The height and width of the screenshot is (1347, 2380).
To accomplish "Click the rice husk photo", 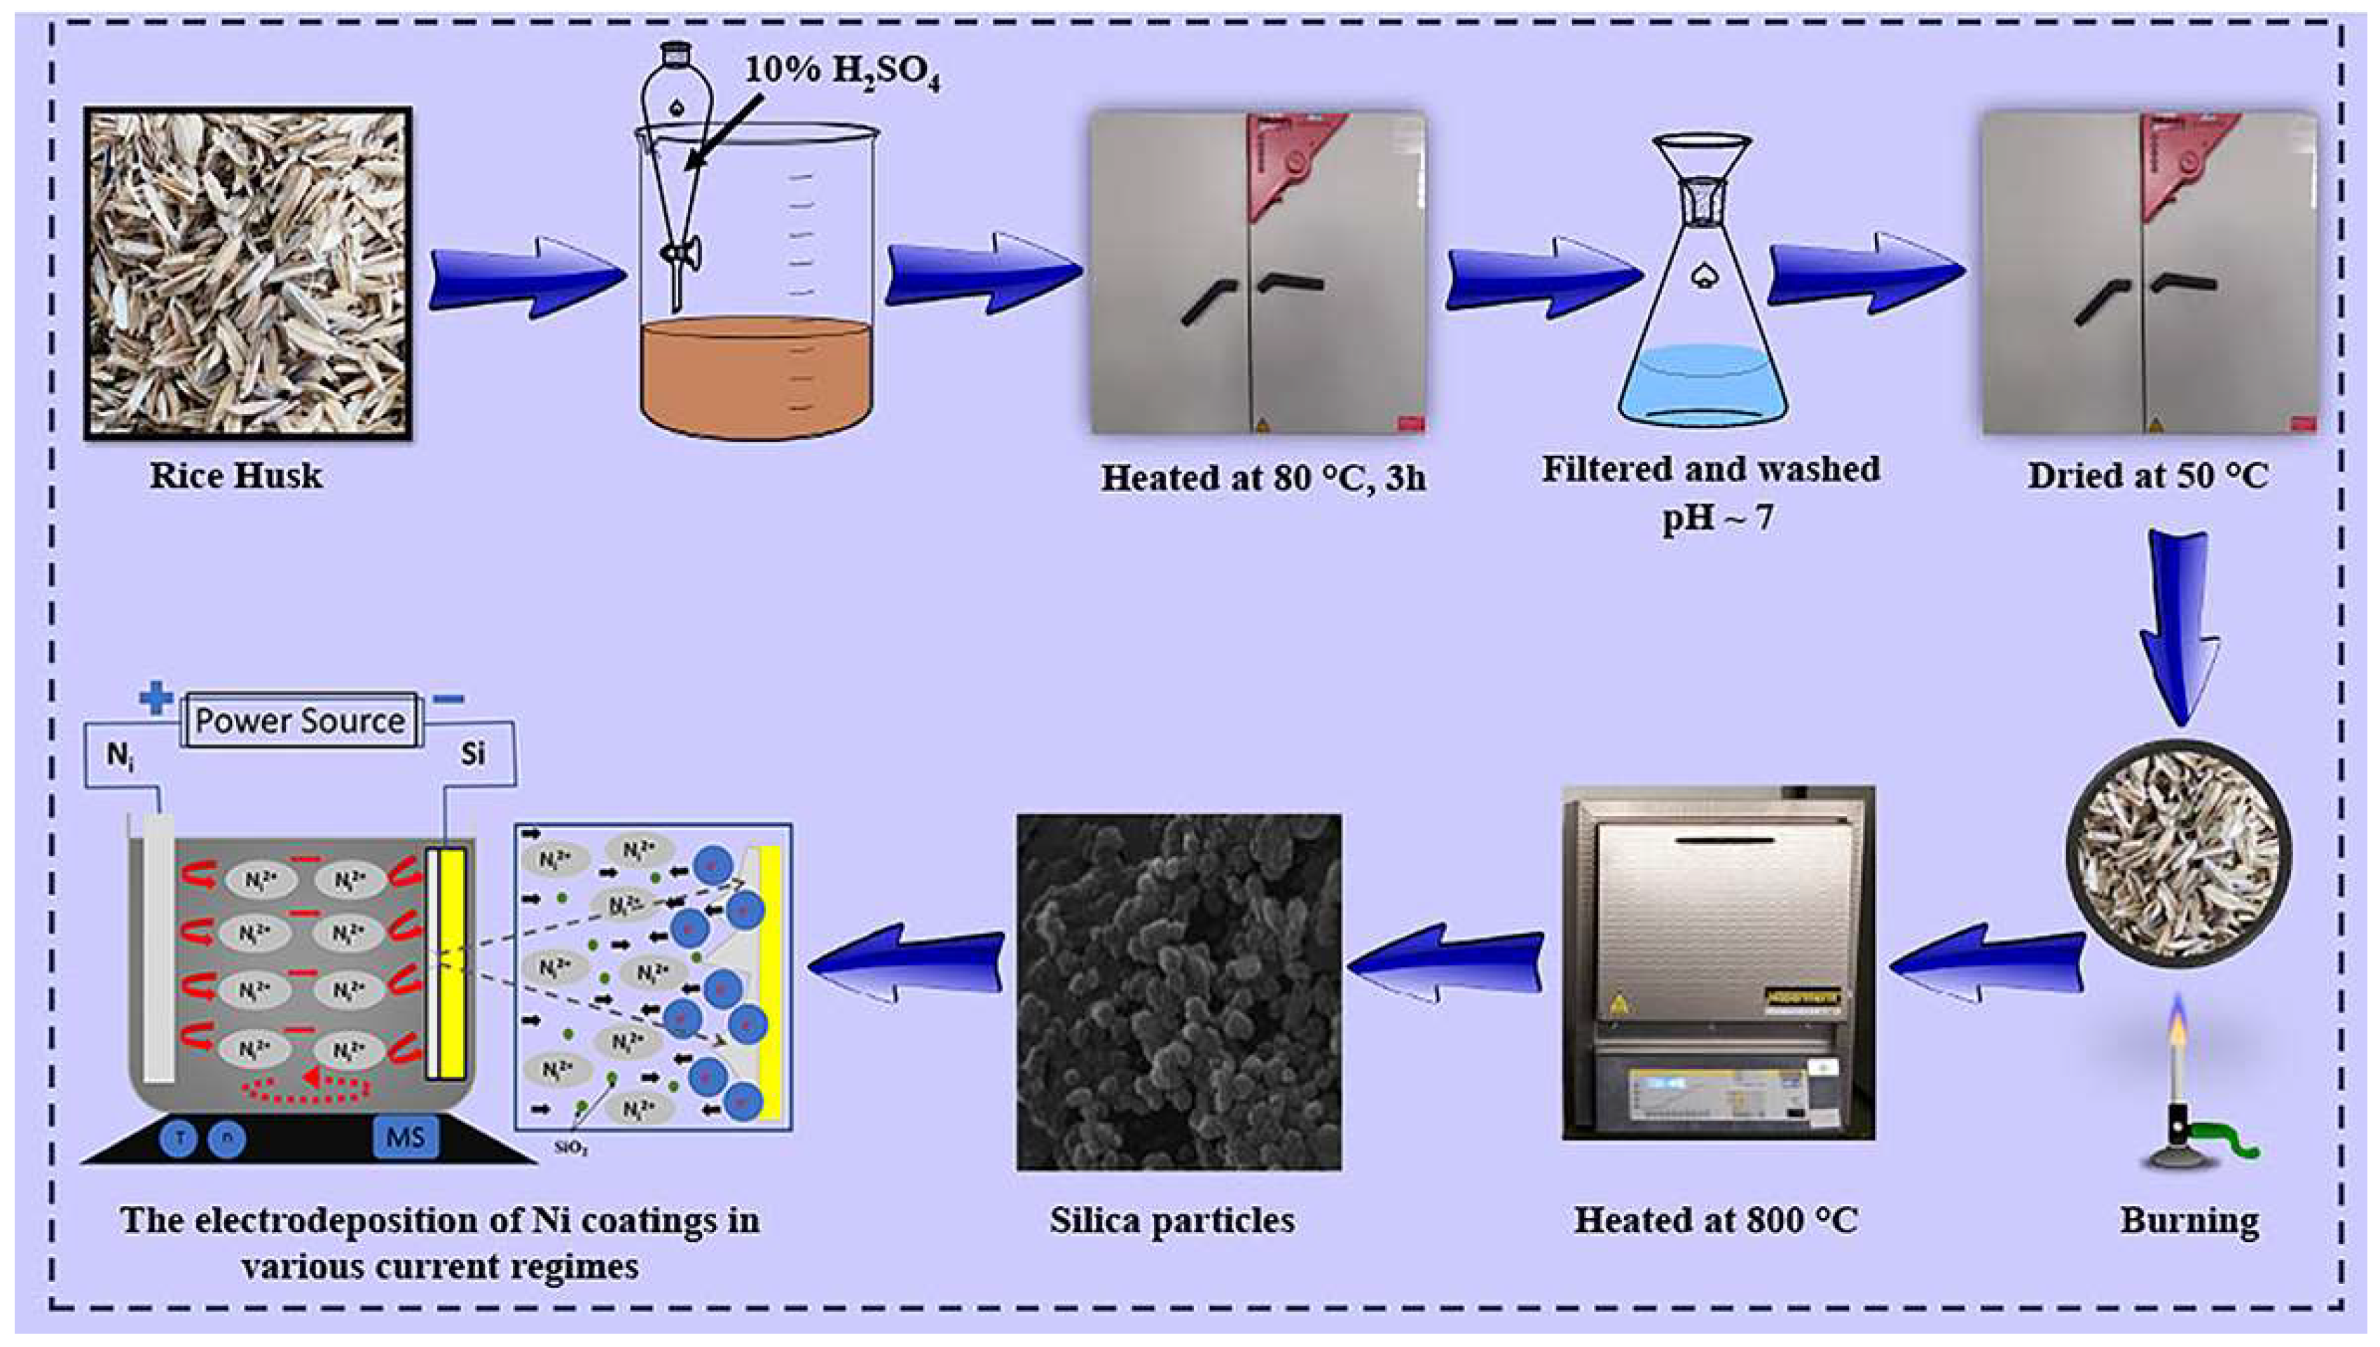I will point(248,273).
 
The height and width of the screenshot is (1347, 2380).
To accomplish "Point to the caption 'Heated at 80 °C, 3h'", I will point(1263,478).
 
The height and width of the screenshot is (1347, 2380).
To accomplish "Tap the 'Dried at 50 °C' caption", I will point(2147,476).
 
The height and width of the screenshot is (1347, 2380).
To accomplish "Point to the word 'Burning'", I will point(2189,1220).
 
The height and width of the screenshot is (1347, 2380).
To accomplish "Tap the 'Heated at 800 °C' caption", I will point(1716,1220).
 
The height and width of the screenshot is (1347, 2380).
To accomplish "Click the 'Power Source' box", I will point(301,721).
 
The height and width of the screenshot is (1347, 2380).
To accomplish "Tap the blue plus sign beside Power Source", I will point(156,698).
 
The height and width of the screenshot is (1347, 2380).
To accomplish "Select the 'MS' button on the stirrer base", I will point(405,1136).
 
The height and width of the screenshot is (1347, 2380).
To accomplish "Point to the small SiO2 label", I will point(571,1149).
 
